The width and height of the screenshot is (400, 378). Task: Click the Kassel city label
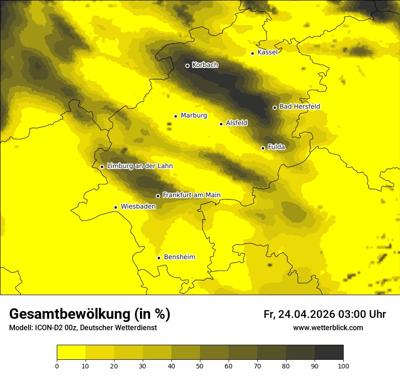pos(267,52)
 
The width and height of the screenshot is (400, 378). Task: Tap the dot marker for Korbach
pos(187,66)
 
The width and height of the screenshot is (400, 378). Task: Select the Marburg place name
pos(194,116)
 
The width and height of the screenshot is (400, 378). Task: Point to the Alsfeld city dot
pos(221,124)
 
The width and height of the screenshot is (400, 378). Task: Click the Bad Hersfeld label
pos(300,107)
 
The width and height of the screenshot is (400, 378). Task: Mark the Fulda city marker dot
pos(263,148)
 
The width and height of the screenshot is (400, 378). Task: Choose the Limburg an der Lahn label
pos(140,166)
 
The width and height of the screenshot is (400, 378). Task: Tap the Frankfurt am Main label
pos(191,195)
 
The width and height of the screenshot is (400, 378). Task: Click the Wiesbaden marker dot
pos(116,208)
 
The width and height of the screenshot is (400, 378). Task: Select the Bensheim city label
pos(179,257)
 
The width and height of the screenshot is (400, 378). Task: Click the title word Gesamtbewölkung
pos(70,314)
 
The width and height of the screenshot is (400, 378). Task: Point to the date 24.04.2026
pos(306,314)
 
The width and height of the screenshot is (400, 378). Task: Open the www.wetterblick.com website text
pos(328,328)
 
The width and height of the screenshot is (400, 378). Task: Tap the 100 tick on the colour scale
pos(343,366)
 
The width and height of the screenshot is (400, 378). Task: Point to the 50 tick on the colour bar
pos(200,366)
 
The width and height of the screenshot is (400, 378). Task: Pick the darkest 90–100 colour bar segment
pos(329,352)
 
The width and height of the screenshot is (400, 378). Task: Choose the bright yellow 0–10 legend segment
pos(71,352)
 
